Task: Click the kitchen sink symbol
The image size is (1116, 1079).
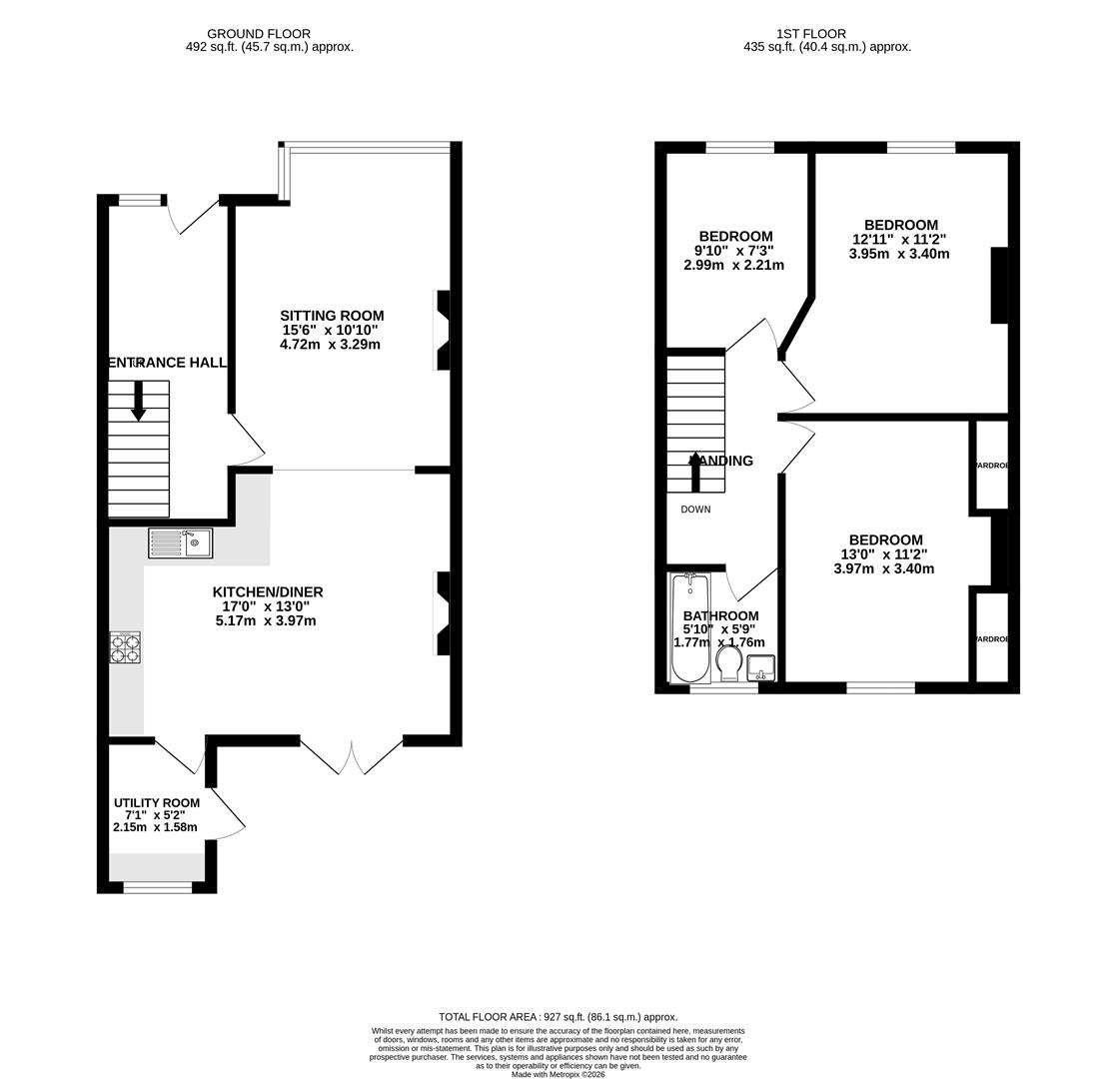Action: coord(180,542)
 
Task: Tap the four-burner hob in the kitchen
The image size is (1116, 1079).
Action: coord(125,647)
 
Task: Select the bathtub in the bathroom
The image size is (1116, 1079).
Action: coord(689,626)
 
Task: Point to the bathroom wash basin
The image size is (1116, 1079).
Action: coord(760,667)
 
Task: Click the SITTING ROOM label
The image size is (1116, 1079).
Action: coord(332,316)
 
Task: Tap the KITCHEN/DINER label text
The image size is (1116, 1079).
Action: coord(267,592)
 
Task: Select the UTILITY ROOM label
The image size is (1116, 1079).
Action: coord(156,803)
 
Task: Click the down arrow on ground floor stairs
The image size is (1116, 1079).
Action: coord(138,401)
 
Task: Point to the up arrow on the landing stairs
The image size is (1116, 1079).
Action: coord(695,471)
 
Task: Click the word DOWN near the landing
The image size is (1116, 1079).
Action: coord(695,510)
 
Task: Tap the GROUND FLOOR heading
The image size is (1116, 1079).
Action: coord(259,34)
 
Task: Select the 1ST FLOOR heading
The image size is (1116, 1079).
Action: coord(810,34)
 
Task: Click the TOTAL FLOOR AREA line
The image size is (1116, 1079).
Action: coord(558,1017)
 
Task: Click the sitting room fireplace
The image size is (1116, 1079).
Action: coord(442,331)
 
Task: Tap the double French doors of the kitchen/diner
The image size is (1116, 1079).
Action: coord(352,757)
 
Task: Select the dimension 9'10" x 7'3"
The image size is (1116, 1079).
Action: coord(733,251)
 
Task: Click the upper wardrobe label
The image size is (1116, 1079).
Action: coord(991,466)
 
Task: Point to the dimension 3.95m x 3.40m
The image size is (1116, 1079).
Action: coord(899,254)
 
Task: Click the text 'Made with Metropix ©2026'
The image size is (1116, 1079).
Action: coord(558,1074)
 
